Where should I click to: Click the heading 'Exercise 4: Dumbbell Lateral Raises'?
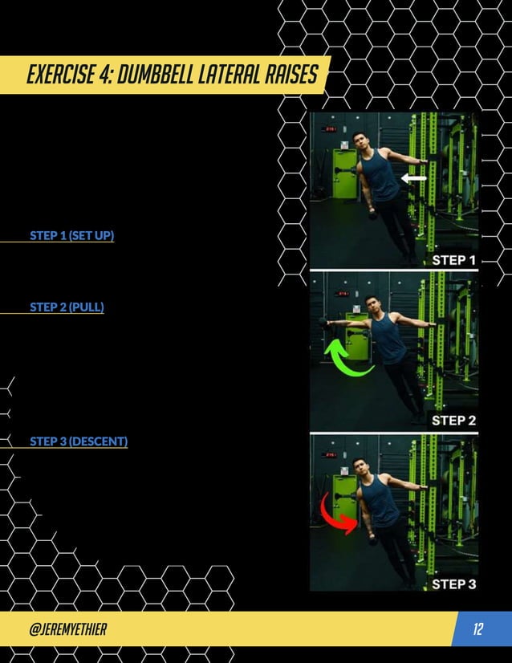pyautogui.click(x=172, y=75)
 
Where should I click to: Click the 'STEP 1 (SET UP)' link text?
pyautogui.click(x=72, y=236)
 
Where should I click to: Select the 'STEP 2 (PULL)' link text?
pyautogui.click(x=67, y=307)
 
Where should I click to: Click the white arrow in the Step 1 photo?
pyautogui.click(x=414, y=179)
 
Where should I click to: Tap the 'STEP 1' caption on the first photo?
pyautogui.click(x=454, y=260)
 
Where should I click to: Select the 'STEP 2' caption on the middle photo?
pyautogui.click(x=454, y=420)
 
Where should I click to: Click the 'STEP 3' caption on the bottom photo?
pyautogui.click(x=454, y=584)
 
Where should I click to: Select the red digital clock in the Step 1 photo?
pyautogui.click(x=328, y=128)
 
